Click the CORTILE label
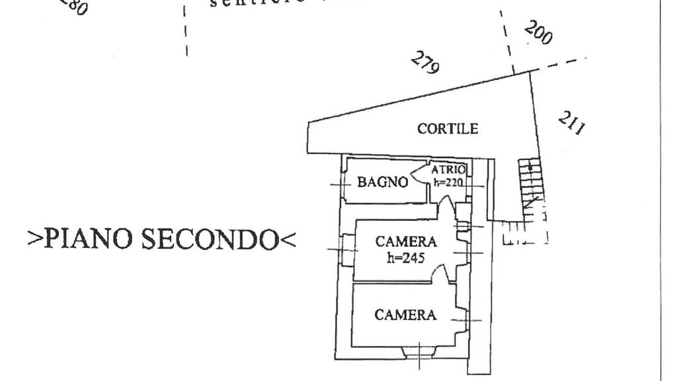(447, 128)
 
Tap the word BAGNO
(382, 182)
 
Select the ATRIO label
(449, 169)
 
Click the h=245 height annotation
(405, 257)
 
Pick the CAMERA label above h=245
(406, 242)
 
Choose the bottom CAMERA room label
(405, 315)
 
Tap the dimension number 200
(538, 32)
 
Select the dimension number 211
(571, 123)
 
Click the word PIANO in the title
(90, 239)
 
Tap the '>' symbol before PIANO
(35, 239)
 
